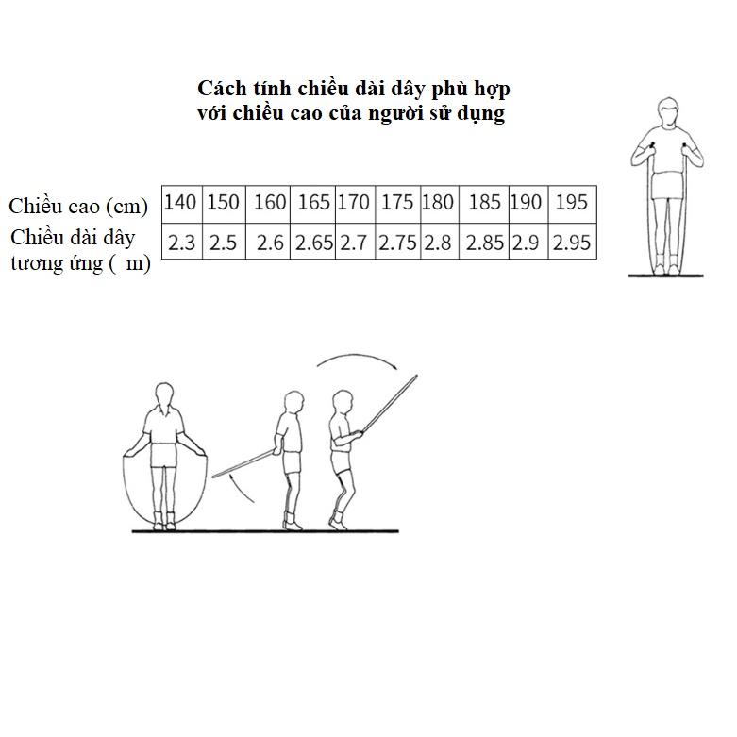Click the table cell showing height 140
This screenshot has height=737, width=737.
pyautogui.click(x=181, y=204)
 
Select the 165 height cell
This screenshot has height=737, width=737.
pyautogui.click(x=313, y=204)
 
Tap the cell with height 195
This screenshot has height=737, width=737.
pyautogui.click(x=572, y=204)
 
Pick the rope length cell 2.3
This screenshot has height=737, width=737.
pyautogui.click(x=181, y=242)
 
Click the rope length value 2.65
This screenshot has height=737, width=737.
pyautogui.click(x=313, y=242)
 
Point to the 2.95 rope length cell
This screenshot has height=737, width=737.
pyautogui.click(x=572, y=242)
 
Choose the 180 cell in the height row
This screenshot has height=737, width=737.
pyautogui.click(x=440, y=204)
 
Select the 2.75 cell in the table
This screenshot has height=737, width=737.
pyautogui.click(x=397, y=242)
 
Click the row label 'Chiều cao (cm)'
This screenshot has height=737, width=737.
pyautogui.click(x=78, y=207)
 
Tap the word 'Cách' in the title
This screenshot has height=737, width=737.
pyautogui.click(x=222, y=89)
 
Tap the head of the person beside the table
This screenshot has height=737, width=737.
pyautogui.click(x=667, y=111)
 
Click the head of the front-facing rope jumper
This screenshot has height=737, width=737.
pyautogui.click(x=163, y=394)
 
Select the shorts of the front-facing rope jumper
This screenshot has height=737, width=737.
pyautogui.click(x=163, y=455)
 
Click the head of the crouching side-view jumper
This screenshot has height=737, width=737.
pyautogui.click(x=343, y=402)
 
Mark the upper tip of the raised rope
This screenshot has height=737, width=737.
pyautogui.click(x=417, y=375)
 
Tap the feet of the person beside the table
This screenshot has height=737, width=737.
pyautogui.click(x=666, y=269)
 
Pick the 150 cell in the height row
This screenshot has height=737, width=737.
pyautogui.click(x=224, y=204)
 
